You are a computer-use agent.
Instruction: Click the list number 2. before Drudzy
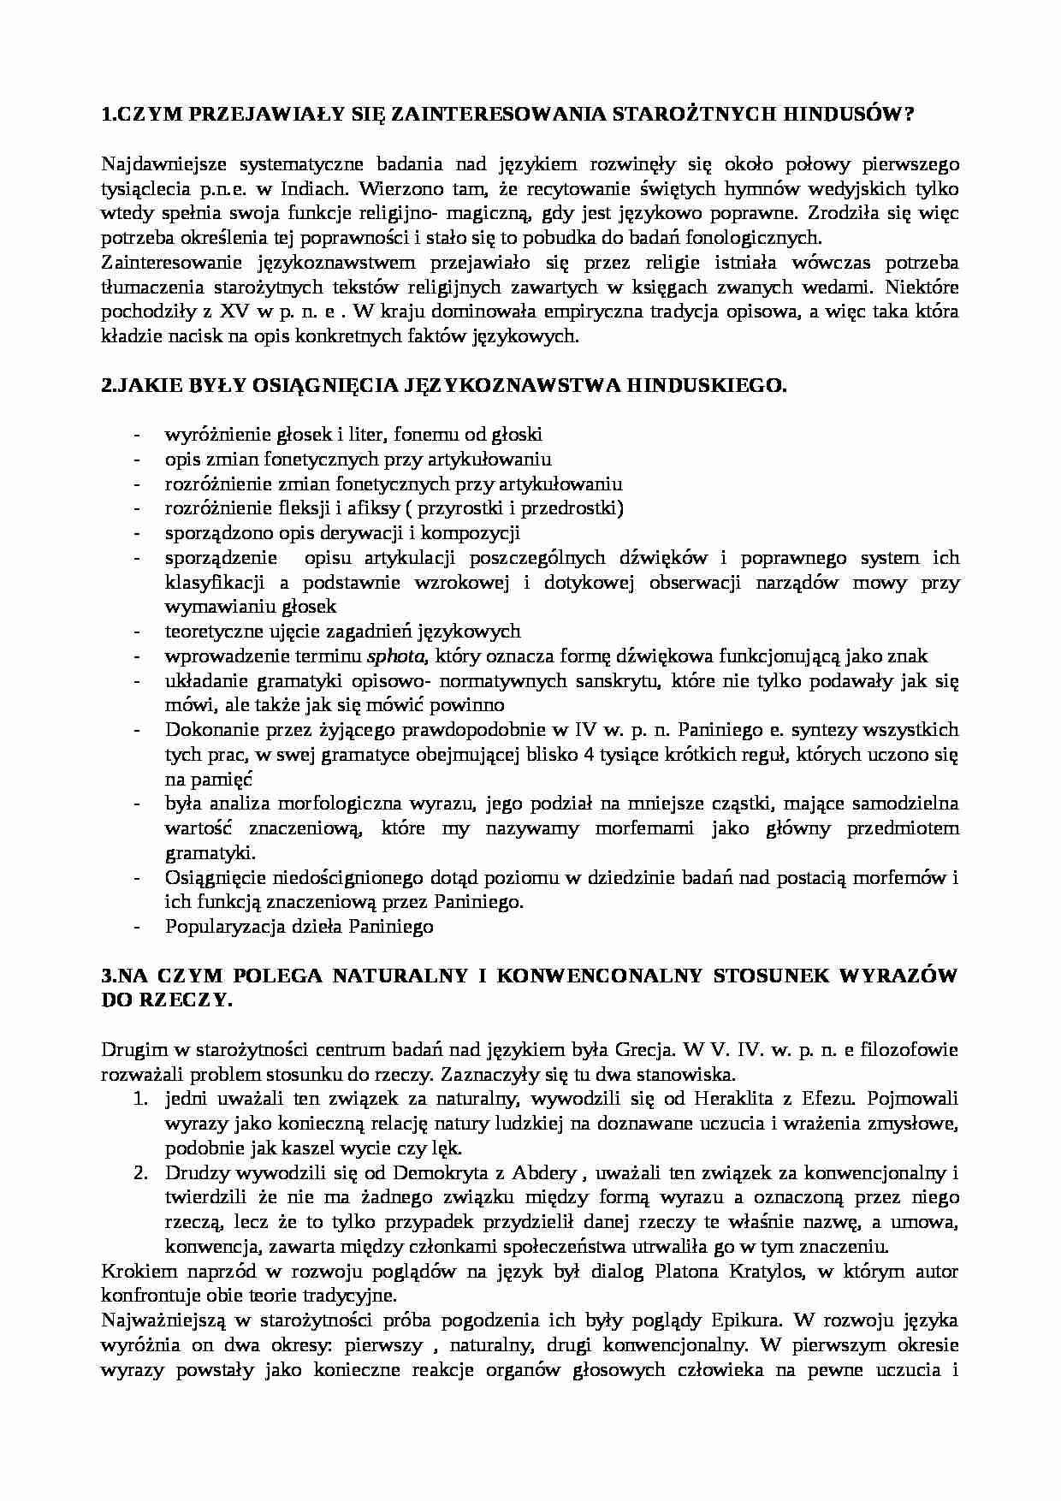142,1172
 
